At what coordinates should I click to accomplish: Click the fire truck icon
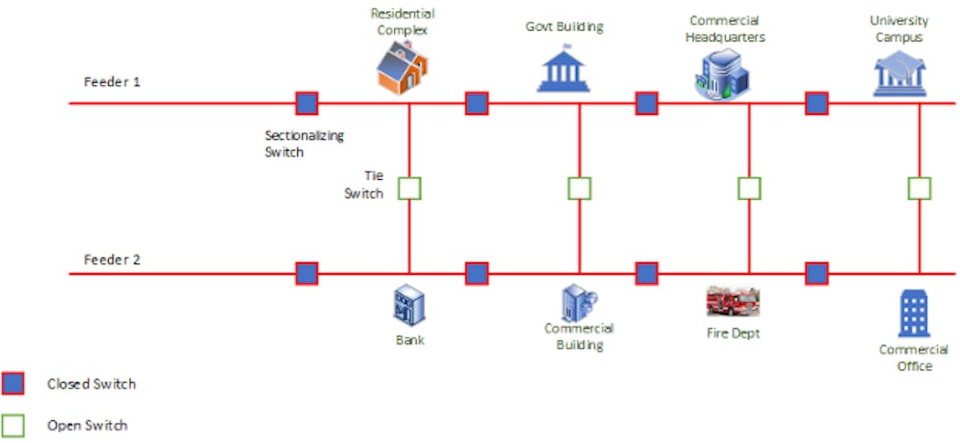coord(732,301)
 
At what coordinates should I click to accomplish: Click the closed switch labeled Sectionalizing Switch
coord(306,103)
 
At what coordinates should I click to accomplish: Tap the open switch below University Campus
coord(919,189)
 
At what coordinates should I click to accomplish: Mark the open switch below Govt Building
coord(579,189)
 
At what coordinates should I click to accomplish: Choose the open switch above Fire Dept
coord(749,189)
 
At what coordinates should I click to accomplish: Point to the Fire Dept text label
coord(732,333)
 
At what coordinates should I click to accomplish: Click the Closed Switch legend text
coord(91,384)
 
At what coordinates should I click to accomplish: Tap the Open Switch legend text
coord(87,425)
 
